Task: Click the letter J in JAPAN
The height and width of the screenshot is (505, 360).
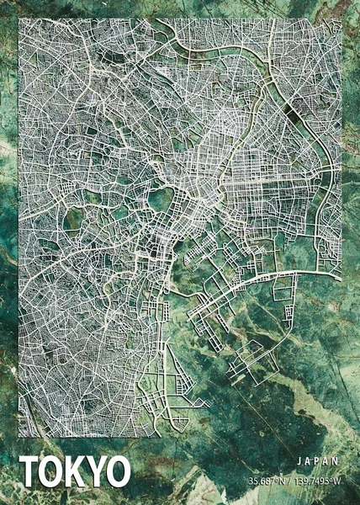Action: (300, 461)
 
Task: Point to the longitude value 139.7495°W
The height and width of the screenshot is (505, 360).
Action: (316, 481)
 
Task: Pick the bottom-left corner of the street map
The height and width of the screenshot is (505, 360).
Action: (19, 437)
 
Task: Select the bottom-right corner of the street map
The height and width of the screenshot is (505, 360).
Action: (341, 437)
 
